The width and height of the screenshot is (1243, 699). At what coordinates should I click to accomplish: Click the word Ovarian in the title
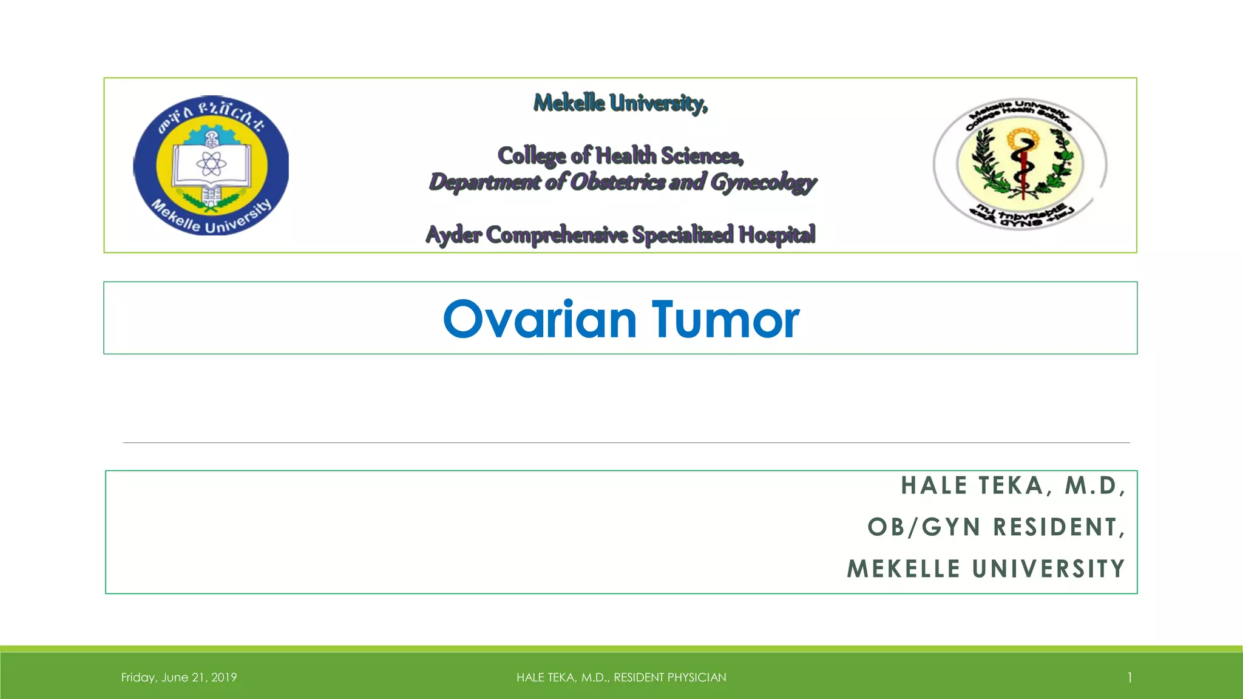click(540, 319)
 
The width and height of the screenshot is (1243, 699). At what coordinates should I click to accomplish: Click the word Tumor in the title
click(726, 319)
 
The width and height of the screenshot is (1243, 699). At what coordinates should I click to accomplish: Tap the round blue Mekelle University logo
click(211, 165)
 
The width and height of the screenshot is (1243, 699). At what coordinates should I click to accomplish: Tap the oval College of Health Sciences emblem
click(1020, 164)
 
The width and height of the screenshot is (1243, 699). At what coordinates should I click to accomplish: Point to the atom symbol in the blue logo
click(211, 163)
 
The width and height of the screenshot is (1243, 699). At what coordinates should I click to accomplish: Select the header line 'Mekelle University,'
click(620, 103)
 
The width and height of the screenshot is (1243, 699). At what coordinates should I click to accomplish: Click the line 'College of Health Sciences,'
click(620, 156)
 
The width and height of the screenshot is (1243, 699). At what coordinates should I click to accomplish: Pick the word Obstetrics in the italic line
click(618, 181)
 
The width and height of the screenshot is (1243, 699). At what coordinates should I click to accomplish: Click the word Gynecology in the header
click(763, 182)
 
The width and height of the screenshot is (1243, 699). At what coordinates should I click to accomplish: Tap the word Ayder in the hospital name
click(453, 235)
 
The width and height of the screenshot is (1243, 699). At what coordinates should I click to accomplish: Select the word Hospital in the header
click(777, 235)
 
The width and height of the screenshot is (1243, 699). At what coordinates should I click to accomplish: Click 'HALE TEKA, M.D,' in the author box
click(1012, 485)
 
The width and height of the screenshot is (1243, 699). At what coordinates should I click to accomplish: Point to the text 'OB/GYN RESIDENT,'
click(996, 527)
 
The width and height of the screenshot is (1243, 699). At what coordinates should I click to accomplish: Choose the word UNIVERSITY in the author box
click(1048, 569)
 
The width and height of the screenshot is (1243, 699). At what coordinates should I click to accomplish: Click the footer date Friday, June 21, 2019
click(179, 677)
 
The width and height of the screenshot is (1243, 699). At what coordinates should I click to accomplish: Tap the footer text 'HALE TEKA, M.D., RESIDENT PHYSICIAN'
click(621, 677)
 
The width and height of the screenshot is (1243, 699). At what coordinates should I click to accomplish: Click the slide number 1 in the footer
click(1130, 677)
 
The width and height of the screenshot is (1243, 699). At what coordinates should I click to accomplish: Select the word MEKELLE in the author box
click(904, 569)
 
